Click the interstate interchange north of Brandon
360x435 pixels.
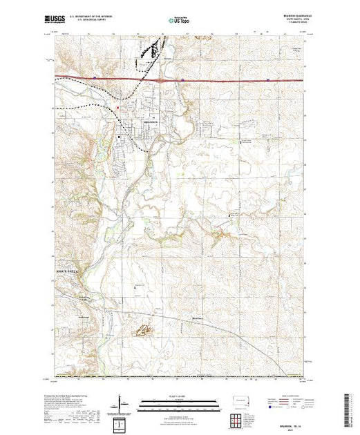coord(161,79)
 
